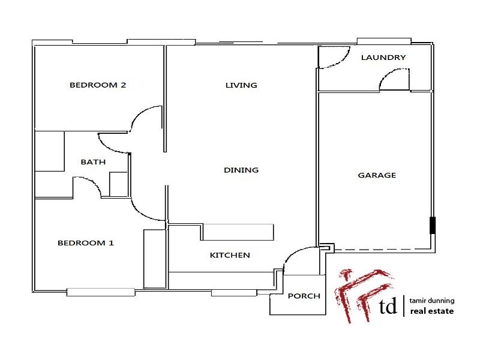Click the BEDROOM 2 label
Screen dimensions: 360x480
tap(98, 85)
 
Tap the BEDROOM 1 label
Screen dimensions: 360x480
tap(86, 243)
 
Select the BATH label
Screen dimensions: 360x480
tap(93, 162)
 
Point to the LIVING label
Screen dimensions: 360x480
tap(241, 85)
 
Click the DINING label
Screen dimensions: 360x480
tap(241, 170)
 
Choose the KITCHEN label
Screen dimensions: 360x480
tap(230, 255)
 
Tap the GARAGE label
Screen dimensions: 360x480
tap(377, 175)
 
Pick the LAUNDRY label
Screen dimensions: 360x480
tap(383, 58)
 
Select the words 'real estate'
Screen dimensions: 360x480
tap(432, 311)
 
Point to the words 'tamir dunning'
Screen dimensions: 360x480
tap(432, 301)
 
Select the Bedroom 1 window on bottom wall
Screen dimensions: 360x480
tap(101, 292)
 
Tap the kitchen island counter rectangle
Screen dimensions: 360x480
tap(238, 232)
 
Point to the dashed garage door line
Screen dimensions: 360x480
tap(378, 249)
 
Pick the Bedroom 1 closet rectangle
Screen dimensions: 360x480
tap(154, 259)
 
